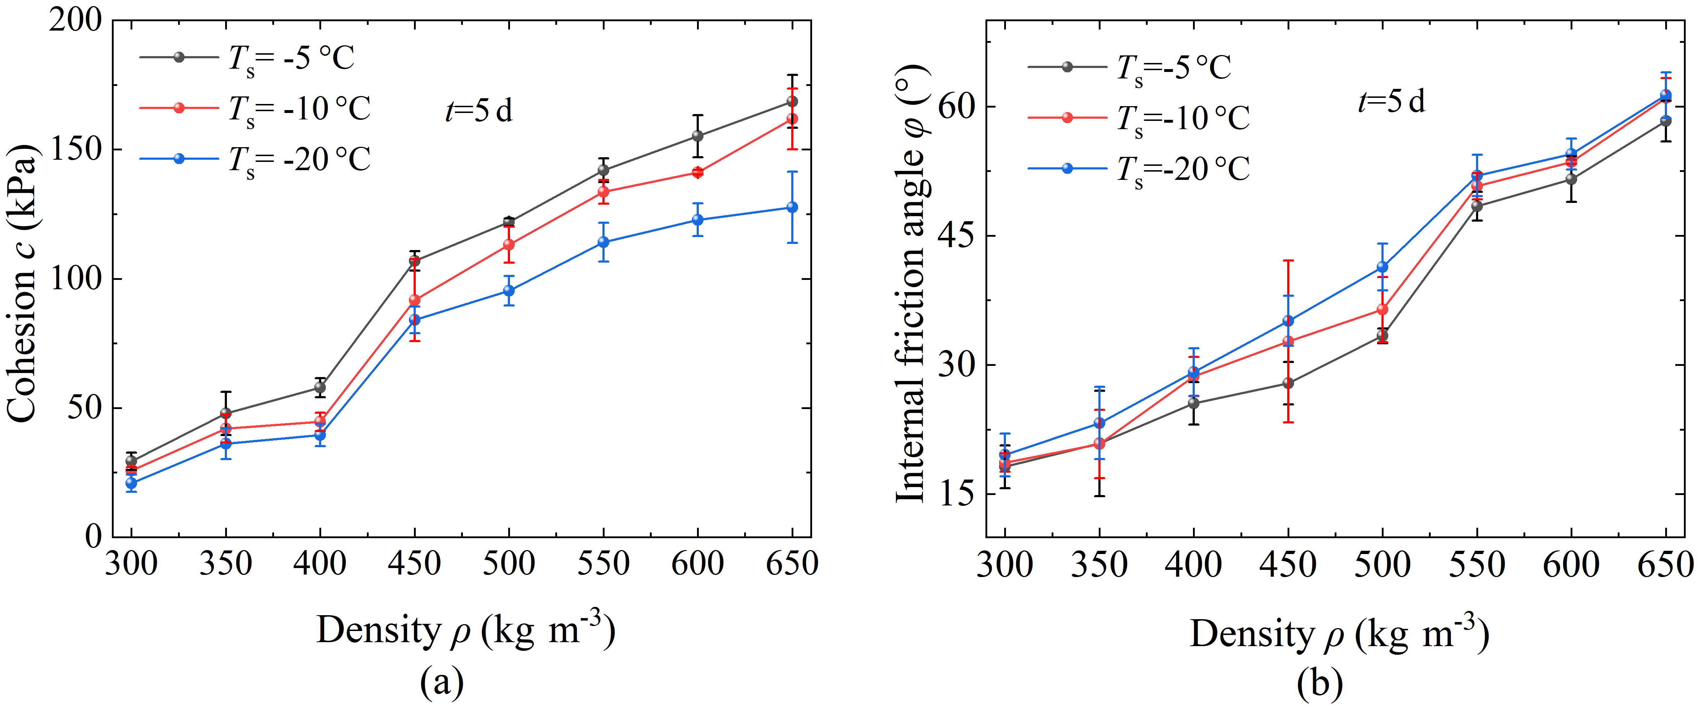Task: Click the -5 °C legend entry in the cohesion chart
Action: (x=247, y=58)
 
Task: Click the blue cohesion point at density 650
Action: (x=792, y=207)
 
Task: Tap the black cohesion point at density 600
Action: (x=698, y=136)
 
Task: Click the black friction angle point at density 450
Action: (x=1288, y=383)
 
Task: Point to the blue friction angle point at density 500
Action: (x=1383, y=267)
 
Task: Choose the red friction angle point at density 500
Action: (x=1383, y=309)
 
